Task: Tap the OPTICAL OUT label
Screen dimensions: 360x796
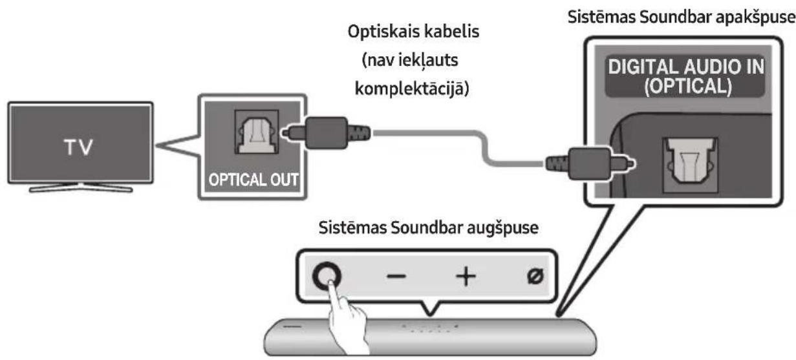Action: pos(249,178)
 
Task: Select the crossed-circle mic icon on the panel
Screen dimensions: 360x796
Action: pos(536,276)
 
